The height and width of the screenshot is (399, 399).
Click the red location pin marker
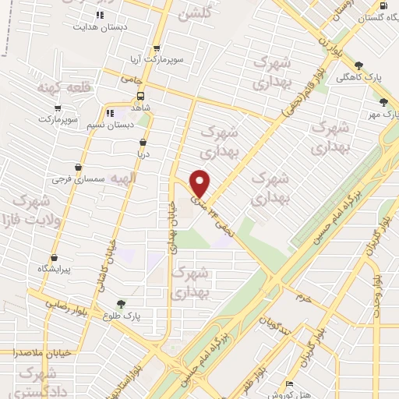coord(200,183)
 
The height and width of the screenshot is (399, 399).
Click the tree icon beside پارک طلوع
coord(120,304)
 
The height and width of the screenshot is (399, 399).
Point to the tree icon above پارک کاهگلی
coord(358,66)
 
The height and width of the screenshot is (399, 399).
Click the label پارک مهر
coord(382,114)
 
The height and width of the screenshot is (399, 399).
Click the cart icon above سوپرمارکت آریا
coord(157,47)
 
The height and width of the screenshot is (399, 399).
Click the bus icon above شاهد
coord(140,96)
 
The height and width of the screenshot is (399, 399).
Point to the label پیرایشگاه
coord(55,269)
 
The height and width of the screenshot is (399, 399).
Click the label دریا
coord(143,154)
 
